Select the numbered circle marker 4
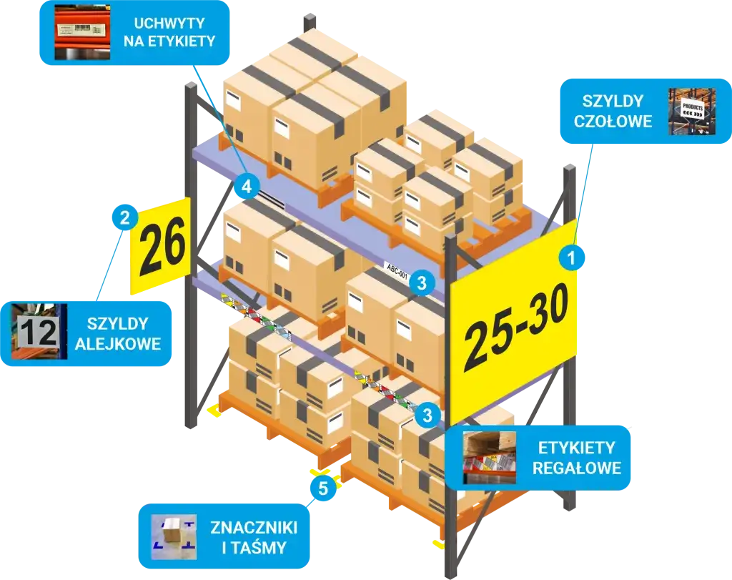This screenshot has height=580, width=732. coord(246,187)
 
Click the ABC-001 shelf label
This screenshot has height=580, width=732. coord(396,270)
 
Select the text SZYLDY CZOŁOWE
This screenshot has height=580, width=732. coord(613,111)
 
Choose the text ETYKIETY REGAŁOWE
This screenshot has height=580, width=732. coord(577,458)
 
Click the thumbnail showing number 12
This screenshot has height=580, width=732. coord(38,333)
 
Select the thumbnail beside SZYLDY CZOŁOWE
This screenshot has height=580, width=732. coord(687,111)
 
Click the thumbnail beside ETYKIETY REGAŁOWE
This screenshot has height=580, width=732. coord(490,458)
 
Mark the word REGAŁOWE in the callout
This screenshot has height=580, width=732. coord(577,468)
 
